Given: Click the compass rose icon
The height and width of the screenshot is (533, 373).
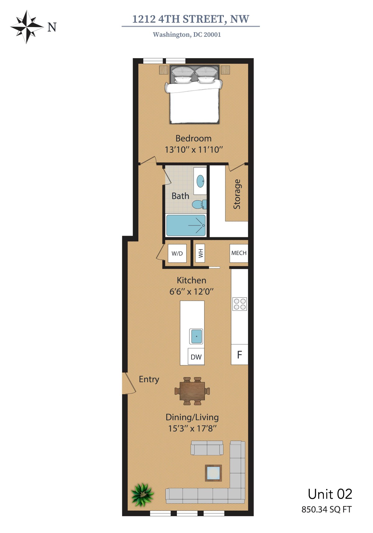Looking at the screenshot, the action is [27, 27].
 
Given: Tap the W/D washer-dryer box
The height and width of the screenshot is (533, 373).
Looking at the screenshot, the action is [177, 253].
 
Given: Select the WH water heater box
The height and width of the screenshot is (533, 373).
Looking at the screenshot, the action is [200, 253].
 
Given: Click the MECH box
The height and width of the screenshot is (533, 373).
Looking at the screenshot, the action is [239, 253].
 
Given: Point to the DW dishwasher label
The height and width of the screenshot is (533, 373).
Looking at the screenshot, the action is [196, 357].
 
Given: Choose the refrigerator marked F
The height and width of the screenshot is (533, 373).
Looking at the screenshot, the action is [240, 354].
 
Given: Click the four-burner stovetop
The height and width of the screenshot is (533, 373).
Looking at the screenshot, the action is [240, 304].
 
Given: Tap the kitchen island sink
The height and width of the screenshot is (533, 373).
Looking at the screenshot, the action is [196, 336].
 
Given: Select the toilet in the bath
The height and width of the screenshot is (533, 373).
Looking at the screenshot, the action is [199, 204].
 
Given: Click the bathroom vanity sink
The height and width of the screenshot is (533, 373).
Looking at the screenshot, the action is [200, 181].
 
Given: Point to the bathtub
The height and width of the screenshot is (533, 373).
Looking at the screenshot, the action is [186, 225].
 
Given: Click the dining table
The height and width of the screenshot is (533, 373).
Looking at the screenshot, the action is [192, 391].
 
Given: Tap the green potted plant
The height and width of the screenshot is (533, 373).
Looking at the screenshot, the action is [142, 495].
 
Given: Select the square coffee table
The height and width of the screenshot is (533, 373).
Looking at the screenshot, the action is [213, 473].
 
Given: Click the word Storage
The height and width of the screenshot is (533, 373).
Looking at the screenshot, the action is [237, 194].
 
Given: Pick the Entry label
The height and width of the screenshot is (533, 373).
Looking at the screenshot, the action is [149, 379].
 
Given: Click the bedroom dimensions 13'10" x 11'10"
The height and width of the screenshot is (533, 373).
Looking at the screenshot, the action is [194, 150].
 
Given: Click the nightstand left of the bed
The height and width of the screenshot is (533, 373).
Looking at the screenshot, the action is [164, 70].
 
